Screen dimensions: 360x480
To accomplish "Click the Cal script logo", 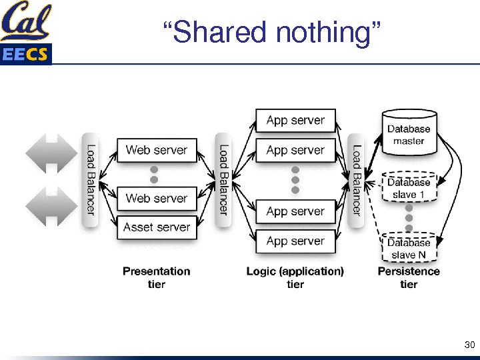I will point(25,22).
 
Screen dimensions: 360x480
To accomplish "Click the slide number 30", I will point(469,345).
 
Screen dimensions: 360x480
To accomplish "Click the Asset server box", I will point(157,227).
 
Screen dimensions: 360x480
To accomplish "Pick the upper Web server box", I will point(157,150).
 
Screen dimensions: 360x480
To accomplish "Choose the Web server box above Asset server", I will point(157,198).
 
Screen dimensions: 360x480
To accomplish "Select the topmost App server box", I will point(295,121).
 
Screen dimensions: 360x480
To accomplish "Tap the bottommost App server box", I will point(295,241).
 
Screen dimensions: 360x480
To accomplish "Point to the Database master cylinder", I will point(409,132).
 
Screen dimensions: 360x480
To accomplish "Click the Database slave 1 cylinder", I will point(409,187).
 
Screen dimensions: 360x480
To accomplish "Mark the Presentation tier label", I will point(157,277).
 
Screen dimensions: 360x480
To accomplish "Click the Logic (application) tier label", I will point(295,277).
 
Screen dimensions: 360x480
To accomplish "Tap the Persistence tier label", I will point(409,277).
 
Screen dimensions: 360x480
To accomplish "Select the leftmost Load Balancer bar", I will point(91,180).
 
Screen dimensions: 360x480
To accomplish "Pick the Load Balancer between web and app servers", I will point(223,180).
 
